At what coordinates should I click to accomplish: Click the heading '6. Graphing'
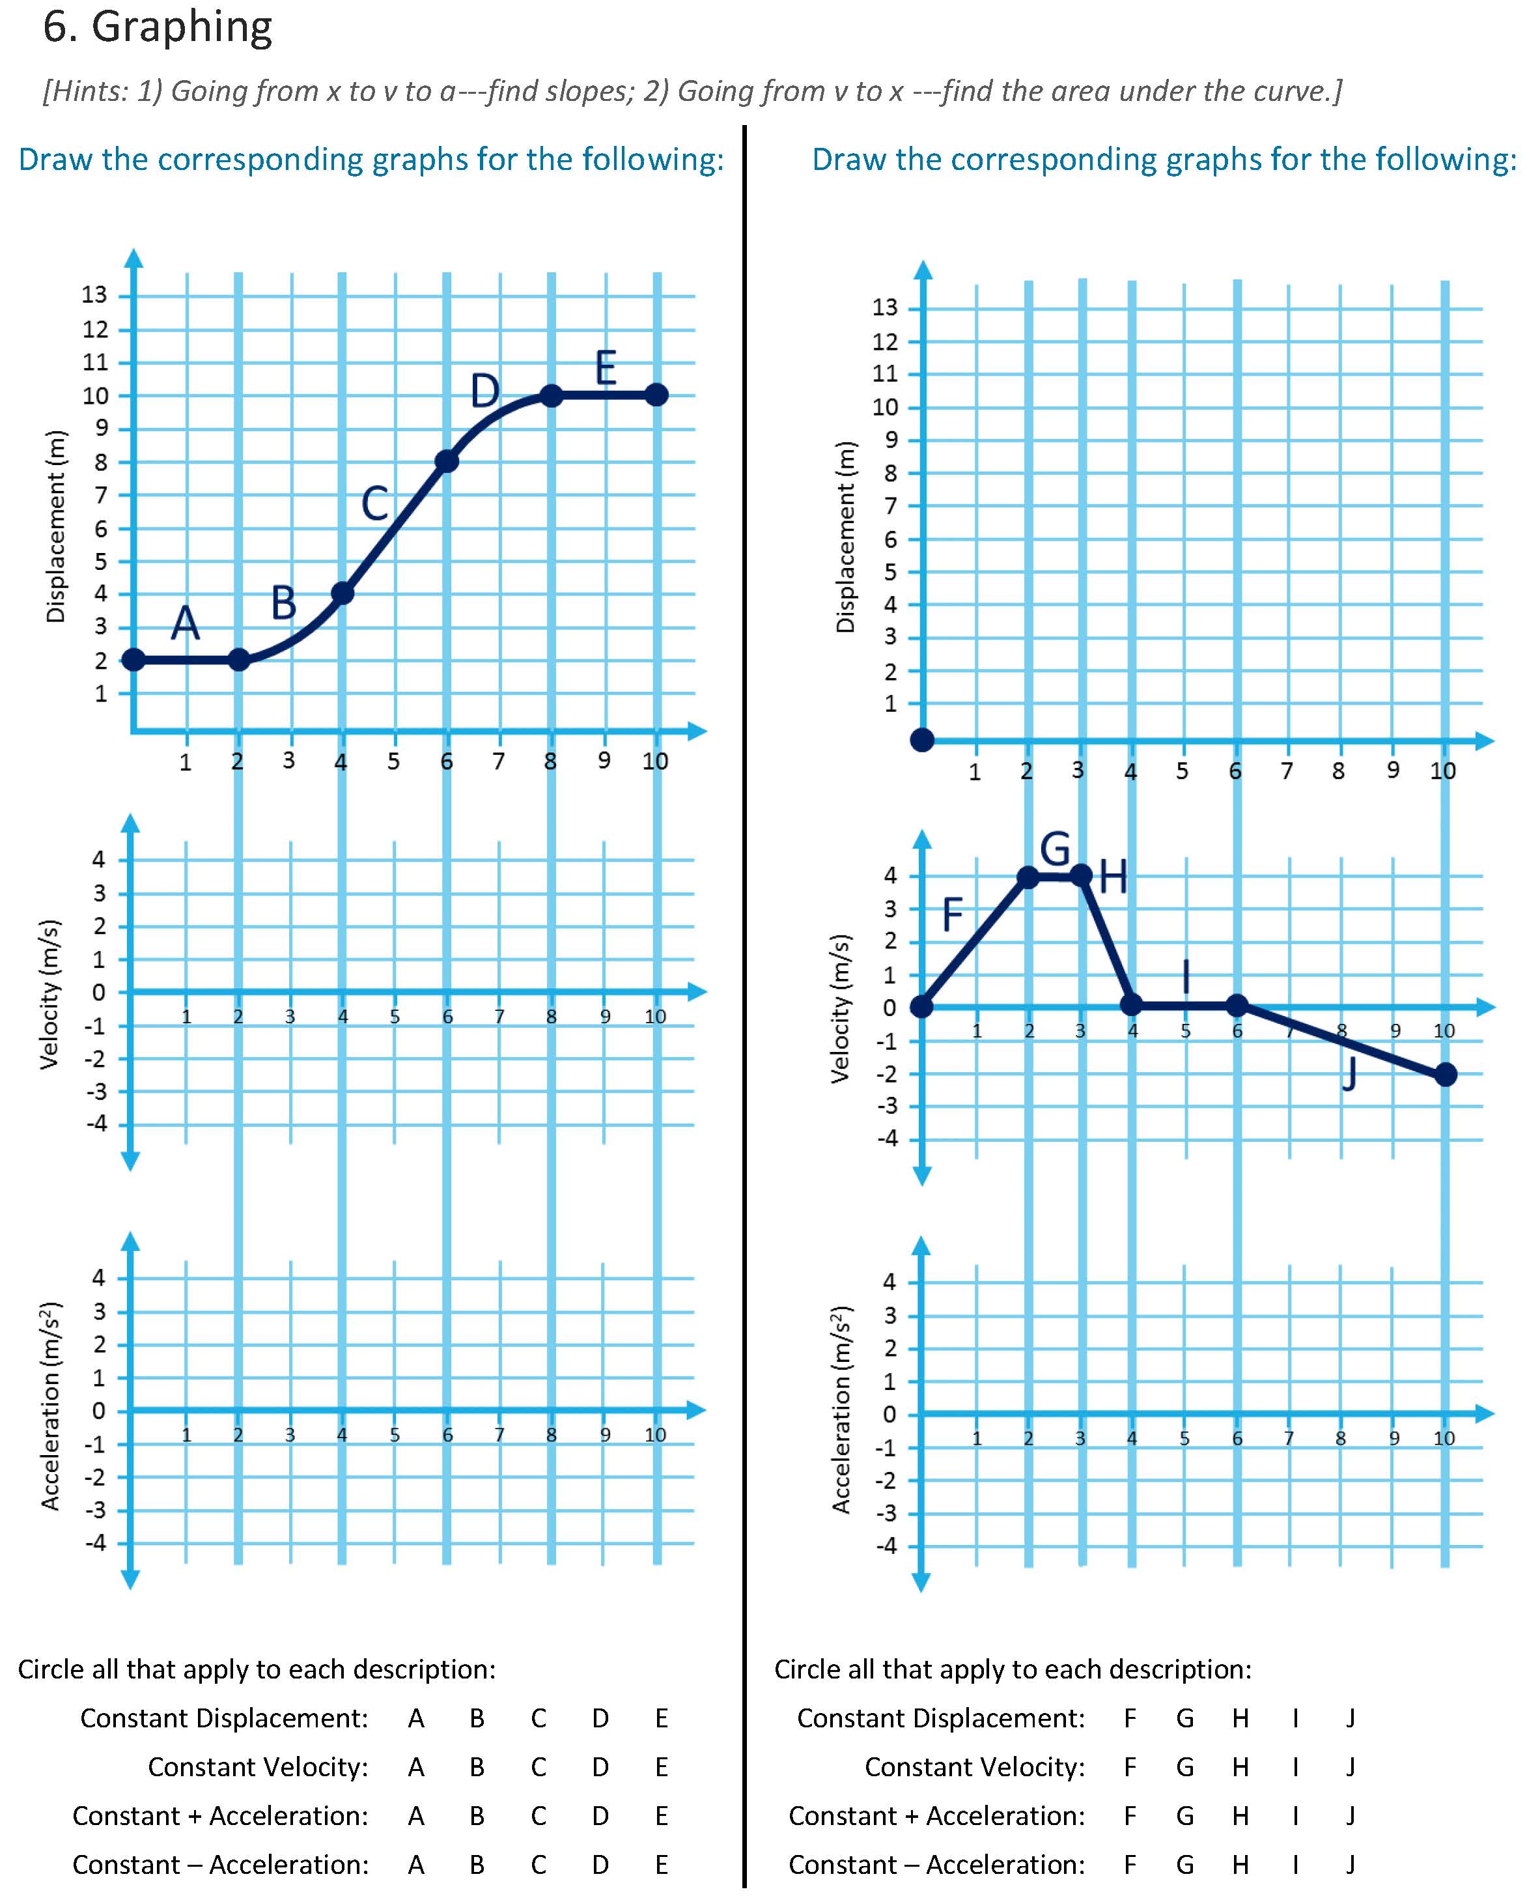coord(158,27)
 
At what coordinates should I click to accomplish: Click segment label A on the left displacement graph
coord(185,624)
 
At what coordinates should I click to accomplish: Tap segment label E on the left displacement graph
coord(606,368)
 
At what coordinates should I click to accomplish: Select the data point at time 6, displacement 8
coord(446,461)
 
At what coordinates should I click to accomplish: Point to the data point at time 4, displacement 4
coord(343,593)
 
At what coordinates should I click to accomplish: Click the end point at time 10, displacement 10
coord(656,395)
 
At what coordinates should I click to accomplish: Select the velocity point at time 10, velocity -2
coord(1445,1074)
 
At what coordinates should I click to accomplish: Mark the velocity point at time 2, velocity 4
coord(1028,877)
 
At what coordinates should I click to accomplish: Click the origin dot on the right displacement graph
coord(922,741)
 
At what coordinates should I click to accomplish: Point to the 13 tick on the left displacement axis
coord(94,295)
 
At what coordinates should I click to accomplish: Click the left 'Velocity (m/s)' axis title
coord(50,994)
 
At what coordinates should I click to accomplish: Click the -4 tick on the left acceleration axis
coord(96,1542)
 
